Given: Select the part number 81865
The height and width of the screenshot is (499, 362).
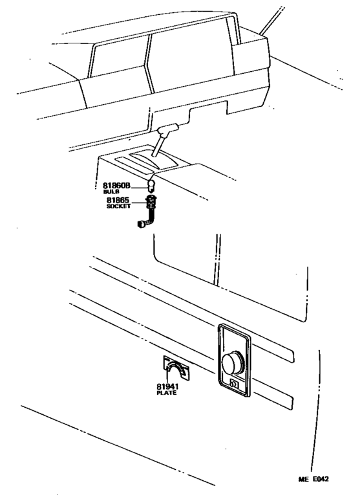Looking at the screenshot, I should [118, 201].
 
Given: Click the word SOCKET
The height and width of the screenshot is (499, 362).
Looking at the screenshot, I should [118, 208].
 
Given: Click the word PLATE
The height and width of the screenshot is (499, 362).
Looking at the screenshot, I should [166, 394].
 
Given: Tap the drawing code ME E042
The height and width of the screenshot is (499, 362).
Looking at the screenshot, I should [312, 479].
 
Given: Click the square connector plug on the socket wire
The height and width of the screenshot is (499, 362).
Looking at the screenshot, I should [142, 227].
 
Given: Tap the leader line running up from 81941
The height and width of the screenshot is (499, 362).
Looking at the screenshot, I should [169, 378].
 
